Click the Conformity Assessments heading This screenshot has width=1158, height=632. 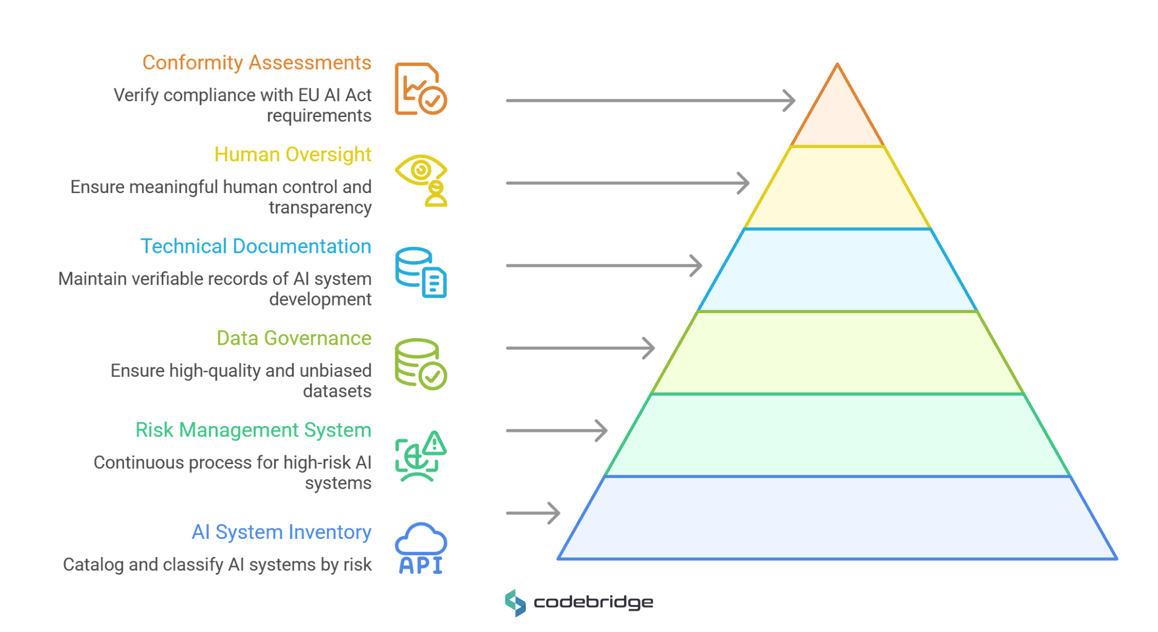(257, 63)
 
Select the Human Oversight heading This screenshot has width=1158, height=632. (292, 154)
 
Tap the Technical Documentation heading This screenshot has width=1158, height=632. (256, 246)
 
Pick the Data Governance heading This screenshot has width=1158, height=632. (294, 338)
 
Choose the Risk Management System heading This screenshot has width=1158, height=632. (253, 430)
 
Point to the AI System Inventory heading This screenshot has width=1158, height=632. (281, 532)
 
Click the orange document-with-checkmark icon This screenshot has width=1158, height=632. (421, 89)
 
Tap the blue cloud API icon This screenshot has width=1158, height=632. (421, 548)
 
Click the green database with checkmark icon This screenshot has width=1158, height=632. (421, 364)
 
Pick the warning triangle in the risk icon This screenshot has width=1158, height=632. (435, 444)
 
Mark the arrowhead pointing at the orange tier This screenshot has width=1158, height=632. (790, 101)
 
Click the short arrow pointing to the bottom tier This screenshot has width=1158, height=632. (533, 513)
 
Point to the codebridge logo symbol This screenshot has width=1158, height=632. (515, 603)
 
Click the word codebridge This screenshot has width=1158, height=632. (593, 603)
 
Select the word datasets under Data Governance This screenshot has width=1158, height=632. (337, 391)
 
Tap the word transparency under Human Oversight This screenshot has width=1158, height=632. (320, 208)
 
